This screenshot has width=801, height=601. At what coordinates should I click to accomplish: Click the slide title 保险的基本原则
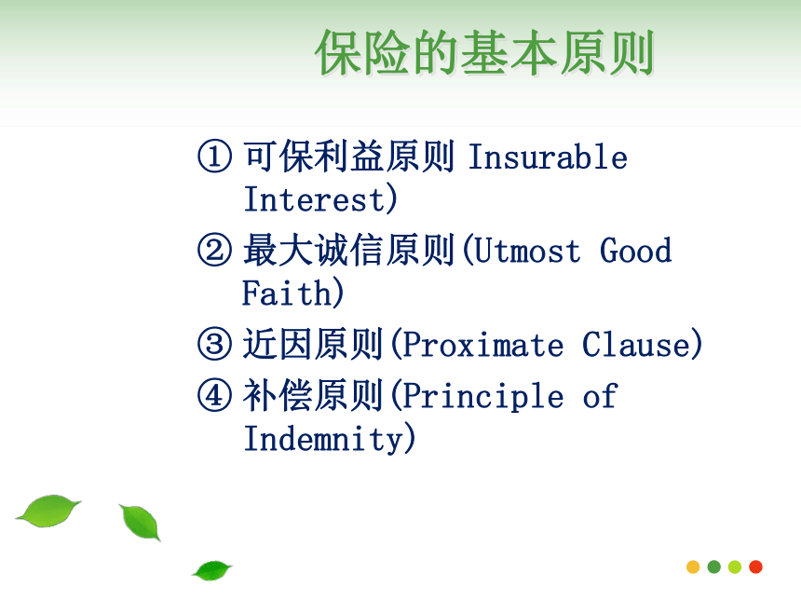pyautogui.click(x=484, y=52)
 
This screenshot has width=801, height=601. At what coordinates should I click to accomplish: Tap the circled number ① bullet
pyautogui.click(x=214, y=157)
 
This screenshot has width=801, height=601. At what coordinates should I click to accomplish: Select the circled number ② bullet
pyautogui.click(x=214, y=250)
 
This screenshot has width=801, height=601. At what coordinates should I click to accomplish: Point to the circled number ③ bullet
pyautogui.click(x=214, y=344)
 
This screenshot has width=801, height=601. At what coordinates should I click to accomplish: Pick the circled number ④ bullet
pyautogui.click(x=214, y=395)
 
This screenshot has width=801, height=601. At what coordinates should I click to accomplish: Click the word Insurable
pyautogui.click(x=548, y=157)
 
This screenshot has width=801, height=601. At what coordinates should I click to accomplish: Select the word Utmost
pyautogui.click(x=527, y=251)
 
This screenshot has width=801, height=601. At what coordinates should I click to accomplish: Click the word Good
pyautogui.click(x=635, y=251)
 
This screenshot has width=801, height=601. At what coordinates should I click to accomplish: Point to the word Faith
pyautogui.click(x=287, y=293)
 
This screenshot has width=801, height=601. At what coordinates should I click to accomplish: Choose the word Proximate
pyautogui.click(x=483, y=345)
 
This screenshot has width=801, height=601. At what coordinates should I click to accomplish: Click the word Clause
pyautogui.click(x=636, y=345)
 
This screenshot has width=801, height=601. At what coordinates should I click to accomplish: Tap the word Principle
pyautogui.click(x=483, y=397)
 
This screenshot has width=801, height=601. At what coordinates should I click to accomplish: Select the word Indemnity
pyautogui.click(x=324, y=439)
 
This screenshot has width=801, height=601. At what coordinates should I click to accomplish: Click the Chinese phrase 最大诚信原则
pyautogui.click(x=349, y=250)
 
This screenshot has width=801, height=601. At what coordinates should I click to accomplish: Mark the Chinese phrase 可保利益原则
pyautogui.click(x=349, y=157)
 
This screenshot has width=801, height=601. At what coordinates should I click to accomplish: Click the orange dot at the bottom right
pyautogui.click(x=693, y=567)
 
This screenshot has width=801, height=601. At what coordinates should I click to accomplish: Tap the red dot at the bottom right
pyautogui.click(x=755, y=567)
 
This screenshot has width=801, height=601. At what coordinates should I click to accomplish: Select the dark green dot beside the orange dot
pyautogui.click(x=714, y=567)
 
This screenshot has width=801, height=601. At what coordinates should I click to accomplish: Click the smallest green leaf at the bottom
pyautogui.click(x=212, y=570)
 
